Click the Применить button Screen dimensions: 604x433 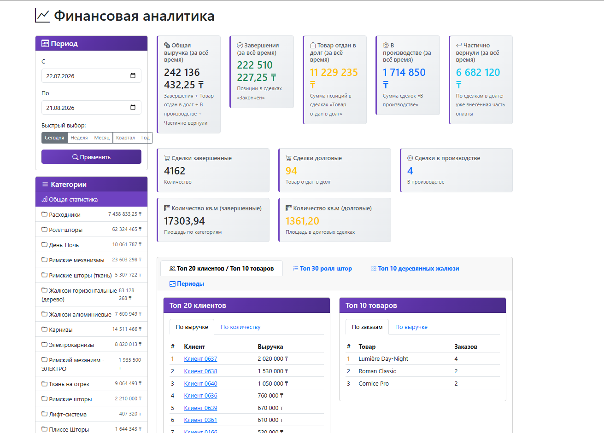point(91,157)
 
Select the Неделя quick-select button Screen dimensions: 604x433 point(79,138)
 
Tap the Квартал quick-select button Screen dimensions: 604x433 point(125,138)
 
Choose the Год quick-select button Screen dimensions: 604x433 point(145,138)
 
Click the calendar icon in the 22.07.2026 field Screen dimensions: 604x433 point(133,75)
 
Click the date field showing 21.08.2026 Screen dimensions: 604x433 point(91,107)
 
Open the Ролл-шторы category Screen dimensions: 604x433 point(91,230)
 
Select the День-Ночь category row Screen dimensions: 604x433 point(91,244)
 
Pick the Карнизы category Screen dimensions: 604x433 point(91,329)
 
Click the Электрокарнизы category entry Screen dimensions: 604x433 point(91,344)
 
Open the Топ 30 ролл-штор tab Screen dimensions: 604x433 point(322,268)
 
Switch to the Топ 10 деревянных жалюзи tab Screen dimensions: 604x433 point(415,268)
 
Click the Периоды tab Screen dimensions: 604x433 point(187,283)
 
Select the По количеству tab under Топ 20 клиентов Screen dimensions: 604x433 point(240,327)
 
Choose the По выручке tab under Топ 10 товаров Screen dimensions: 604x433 point(411,327)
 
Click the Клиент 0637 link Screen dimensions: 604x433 point(200,358)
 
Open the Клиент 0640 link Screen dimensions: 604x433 point(200,383)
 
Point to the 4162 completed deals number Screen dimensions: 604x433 point(175,171)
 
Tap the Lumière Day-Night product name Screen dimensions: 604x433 point(383,358)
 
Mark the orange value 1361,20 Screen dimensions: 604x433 point(302,221)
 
